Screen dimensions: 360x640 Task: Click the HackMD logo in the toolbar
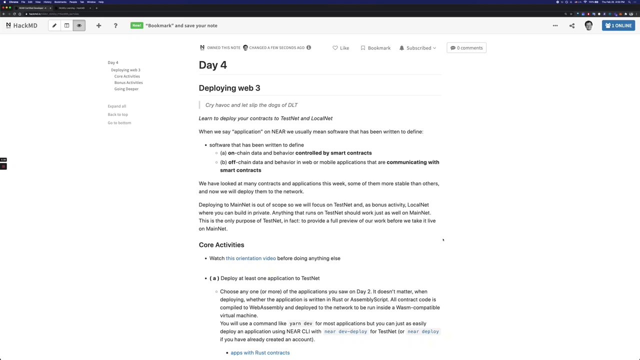tap(21, 25)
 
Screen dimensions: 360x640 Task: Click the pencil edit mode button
tap(54, 25)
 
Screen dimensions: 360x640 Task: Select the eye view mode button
tap(79, 25)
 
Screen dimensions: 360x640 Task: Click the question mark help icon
tap(115, 25)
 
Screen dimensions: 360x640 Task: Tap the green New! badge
tap(136, 25)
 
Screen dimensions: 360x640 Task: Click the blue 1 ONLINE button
tap(618, 25)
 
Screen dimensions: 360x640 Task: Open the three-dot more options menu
tap(555, 25)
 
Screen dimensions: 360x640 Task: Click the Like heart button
tap(341, 48)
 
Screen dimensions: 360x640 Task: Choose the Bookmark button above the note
tap(375, 48)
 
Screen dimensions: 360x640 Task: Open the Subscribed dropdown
tap(418, 48)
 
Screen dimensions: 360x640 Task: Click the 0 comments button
tap(466, 48)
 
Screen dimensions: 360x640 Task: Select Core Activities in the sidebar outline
tap(127, 76)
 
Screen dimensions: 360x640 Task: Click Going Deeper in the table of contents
tap(126, 89)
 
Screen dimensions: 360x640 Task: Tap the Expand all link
tap(117, 106)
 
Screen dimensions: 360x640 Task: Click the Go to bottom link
tap(119, 123)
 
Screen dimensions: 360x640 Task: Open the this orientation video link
tap(250, 258)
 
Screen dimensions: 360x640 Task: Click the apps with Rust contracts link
tap(260, 353)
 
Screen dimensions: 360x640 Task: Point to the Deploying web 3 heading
tap(229, 88)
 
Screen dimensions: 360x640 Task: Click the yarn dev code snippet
tap(300, 324)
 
